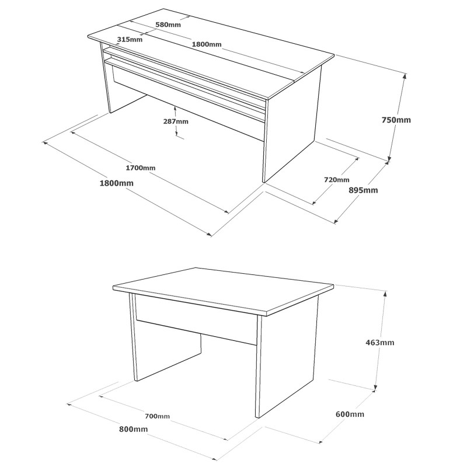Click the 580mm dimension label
[x=168, y=25]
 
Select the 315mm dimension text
[x=130, y=40]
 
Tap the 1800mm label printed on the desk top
[x=207, y=44]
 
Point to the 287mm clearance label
[x=176, y=121]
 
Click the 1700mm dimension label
[x=140, y=168]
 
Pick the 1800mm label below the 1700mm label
[x=117, y=183]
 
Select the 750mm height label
[x=396, y=120]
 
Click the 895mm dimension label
[x=363, y=190]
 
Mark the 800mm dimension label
[x=133, y=429]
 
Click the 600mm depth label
[x=350, y=414]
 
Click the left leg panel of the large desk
[x=106, y=82]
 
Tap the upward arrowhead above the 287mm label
[x=176, y=107]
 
